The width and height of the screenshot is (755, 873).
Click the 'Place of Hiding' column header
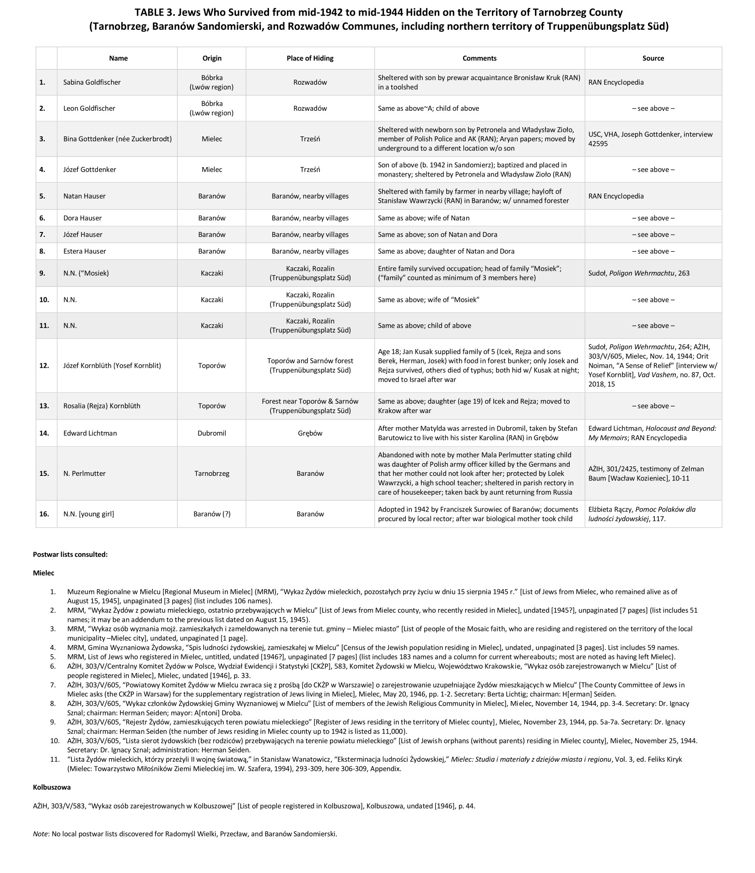pyautogui.click(x=310, y=58)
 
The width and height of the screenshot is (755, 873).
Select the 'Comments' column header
pyautogui.click(x=479, y=58)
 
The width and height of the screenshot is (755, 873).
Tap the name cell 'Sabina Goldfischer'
pyautogui.click(x=92, y=82)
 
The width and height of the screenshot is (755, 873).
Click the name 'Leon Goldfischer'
pyautogui.click(x=89, y=108)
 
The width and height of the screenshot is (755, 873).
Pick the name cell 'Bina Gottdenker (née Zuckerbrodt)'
pyautogui.click(x=118, y=139)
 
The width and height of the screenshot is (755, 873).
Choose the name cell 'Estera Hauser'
pyautogui.click(x=85, y=251)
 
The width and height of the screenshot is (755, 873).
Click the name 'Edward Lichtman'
pyautogui.click(x=90, y=433)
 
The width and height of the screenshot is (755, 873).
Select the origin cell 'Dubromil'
pyautogui.click(x=212, y=433)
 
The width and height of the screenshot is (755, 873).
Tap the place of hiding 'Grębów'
pyautogui.click(x=310, y=433)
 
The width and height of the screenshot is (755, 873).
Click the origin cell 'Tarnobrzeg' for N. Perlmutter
pyautogui.click(x=212, y=473)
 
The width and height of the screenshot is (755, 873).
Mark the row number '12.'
pyautogui.click(x=44, y=366)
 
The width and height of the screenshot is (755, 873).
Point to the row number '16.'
pyautogui.click(x=44, y=514)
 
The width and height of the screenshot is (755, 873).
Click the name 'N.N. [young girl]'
pyautogui.click(x=89, y=514)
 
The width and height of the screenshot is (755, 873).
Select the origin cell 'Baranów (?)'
pyautogui.click(x=212, y=514)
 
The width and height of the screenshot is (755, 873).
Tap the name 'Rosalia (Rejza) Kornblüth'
pyautogui.click(x=102, y=406)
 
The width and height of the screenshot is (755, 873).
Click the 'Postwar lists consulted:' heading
pyautogui.click(x=70, y=554)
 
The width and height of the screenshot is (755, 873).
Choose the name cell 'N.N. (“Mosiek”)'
pyautogui.click(x=86, y=273)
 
